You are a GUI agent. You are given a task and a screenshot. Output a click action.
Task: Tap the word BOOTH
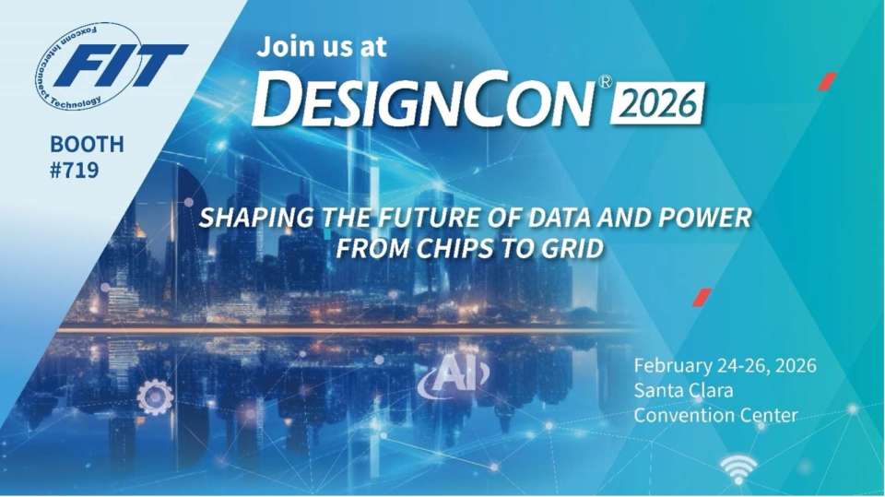tap(87, 145)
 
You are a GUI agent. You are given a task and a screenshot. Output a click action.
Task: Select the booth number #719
tap(75, 170)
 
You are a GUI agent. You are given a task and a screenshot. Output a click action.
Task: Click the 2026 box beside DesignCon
tap(657, 103)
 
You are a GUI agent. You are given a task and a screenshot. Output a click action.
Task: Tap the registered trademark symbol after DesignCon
tap(604, 82)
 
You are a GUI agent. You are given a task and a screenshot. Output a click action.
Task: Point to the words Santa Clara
tap(683, 390)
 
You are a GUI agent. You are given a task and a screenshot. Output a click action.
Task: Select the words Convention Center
tap(715, 415)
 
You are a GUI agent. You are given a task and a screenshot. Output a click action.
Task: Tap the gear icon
tap(155, 397)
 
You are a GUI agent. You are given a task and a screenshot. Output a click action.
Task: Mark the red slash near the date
tap(702, 297)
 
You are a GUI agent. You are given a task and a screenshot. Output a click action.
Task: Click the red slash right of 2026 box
tap(828, 81)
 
